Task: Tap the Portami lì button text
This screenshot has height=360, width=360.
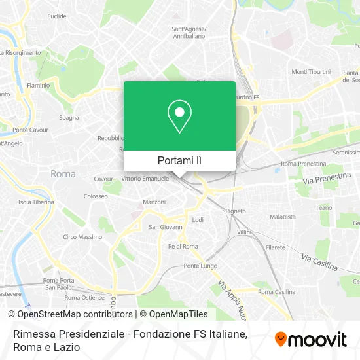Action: click(x=179, y=160)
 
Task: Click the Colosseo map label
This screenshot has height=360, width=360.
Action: click(x=96, y=196)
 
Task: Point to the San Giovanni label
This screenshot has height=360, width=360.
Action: click(x=164, y=227)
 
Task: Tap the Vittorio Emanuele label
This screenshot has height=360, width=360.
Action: click(x=145, y=178)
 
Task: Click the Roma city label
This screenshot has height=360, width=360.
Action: click(x=63, y=174)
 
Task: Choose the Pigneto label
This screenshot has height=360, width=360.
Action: click(x=235, y=211)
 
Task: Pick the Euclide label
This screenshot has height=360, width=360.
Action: click(x=57, y=15)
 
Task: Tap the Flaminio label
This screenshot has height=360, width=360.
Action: click(x=38, y=85)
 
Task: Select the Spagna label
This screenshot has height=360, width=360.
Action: click(x=69, y=118)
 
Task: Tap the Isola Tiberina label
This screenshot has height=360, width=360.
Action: click(x=35, y=202)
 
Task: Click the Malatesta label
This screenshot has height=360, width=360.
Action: click(x=283, y=216)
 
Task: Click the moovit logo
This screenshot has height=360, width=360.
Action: click(x=310, y=339)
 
